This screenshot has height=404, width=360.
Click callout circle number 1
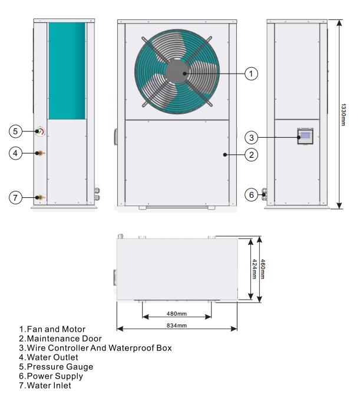point(252,74)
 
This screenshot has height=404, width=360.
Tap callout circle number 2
point(252,155)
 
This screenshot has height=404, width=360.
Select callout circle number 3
point(252,137)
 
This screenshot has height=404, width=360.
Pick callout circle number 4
point(16,153)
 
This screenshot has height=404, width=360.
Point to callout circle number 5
point(16,131)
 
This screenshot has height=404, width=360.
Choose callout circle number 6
point(252,195)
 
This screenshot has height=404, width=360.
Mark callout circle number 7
point(16,197)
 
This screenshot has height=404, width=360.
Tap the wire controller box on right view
point(305,137)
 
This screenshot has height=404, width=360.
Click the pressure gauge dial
point(40,131)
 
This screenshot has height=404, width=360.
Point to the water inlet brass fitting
point(40,197)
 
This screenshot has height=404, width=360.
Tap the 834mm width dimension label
point(177,325)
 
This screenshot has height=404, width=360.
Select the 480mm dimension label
point(176,313)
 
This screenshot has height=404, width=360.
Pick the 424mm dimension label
point(254,270)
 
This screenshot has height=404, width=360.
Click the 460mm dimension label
point(263,270)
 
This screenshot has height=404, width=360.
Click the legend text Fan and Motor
point(52,329)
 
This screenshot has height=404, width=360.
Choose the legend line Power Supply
point(51,376)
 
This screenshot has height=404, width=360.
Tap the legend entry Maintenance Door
point(60,339)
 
